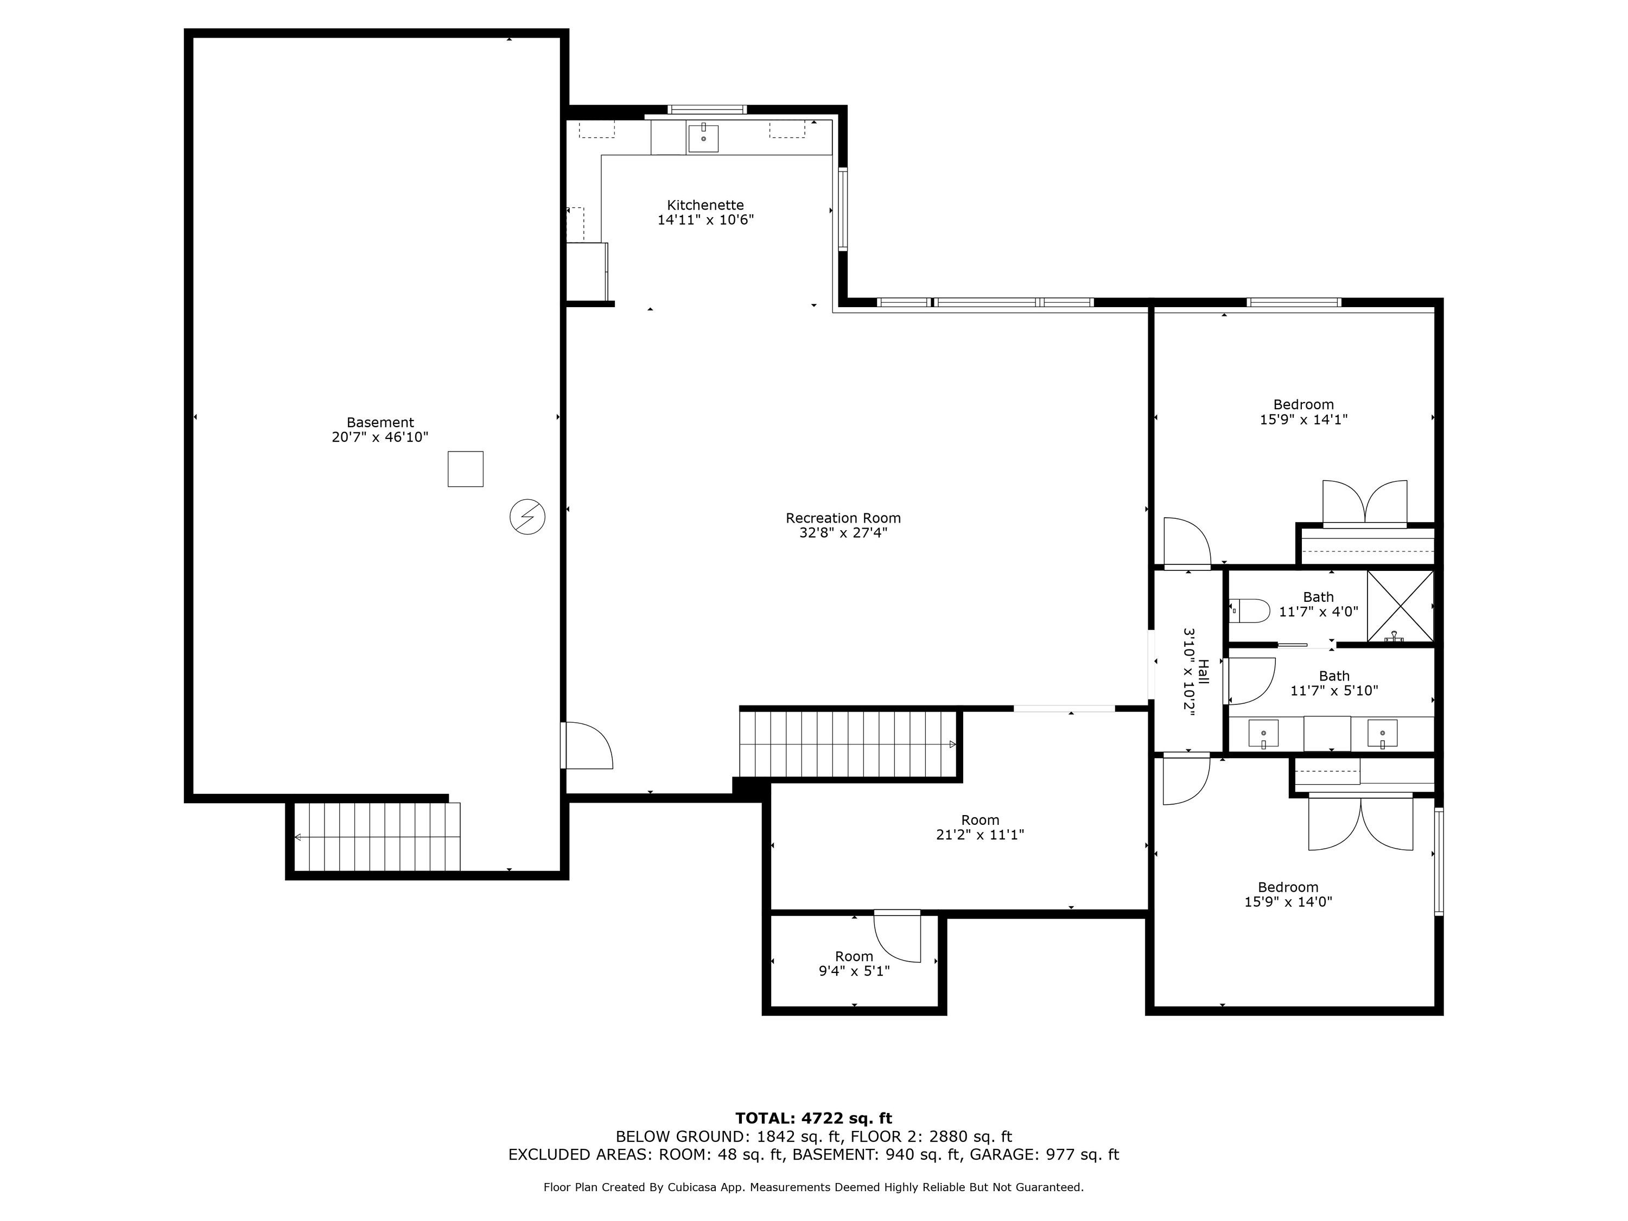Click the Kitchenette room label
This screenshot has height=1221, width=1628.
point(705,205)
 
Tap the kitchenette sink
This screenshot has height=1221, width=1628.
point(703,138)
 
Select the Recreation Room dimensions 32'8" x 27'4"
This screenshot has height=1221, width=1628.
point(843,533)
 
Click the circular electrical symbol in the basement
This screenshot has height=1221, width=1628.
point(527,517)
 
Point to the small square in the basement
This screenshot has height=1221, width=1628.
point(466,469)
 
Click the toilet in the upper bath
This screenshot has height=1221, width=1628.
point(1250,610)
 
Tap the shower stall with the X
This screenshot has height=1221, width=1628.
point(1401,606)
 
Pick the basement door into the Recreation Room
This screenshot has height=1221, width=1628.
point(587,746)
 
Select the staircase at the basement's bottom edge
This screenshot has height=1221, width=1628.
point(377,837)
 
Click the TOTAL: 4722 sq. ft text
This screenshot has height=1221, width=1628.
point(813,1118)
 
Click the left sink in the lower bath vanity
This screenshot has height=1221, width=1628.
point(1263,734)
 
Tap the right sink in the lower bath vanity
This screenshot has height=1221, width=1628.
point(1382,734)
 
